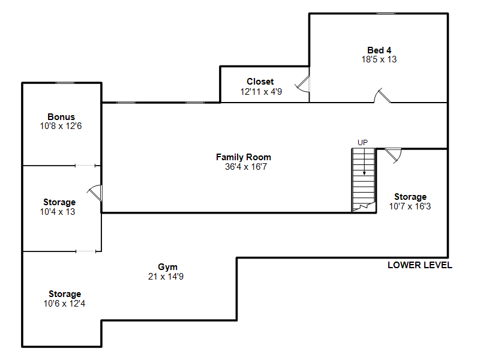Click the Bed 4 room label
click(379, 50)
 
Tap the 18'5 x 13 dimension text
click(379, 59)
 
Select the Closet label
click(260, 82)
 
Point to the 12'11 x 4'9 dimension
click(261, 92)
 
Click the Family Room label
click(244, 157)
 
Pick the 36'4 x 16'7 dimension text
click(246, 167)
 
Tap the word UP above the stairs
click(363, 142)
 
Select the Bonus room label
click(61, 116)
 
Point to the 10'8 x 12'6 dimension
click(61, 126)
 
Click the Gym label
click(167, 267)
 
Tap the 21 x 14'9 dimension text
click(166, 277)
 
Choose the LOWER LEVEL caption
click(419, 265)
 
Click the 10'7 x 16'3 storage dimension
click(410, 206)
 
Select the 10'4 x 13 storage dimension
click(57, 212)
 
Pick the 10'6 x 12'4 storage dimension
click(64, 304)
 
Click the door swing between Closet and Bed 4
click(302, 85)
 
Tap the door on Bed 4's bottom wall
click(382, 95)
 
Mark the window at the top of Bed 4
click(386, 13)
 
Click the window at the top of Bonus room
click(65, 83)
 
